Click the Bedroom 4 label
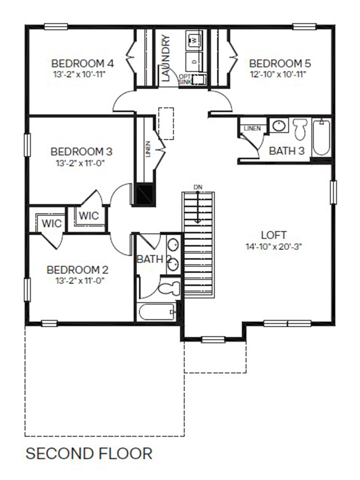click(x=83, y=64)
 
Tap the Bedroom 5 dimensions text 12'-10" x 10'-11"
click(x=280, y=74)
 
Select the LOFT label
click(x=274, y=235)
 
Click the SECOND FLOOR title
click(x=89, y=454)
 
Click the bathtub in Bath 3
click(x=321, y=137)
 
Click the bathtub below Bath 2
click(x=156, y=312)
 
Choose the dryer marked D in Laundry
click(x=194, y=61)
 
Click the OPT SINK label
click(x=185, y=79)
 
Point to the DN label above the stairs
click(x=198, y=187)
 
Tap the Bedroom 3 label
click(x=82, y=152)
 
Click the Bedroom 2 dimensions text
click(x=80, y=281)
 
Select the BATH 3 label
click(x=287, y=151)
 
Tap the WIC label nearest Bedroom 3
click(x=89, y=216)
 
